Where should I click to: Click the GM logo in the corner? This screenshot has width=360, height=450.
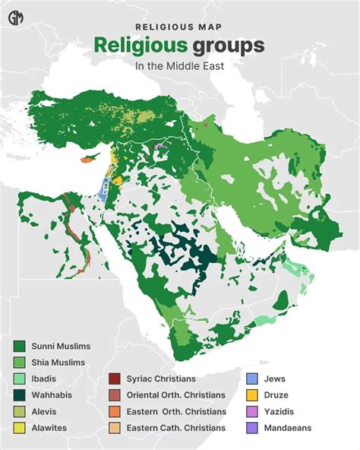click(x=15, y=16)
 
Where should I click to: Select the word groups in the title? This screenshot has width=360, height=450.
click(x=228, y=46)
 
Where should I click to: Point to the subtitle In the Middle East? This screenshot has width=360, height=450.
click(x=179, y=65)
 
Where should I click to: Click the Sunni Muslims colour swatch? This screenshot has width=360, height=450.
click(x=19, y=346)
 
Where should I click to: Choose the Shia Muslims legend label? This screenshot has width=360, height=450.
click(x=58, y=363)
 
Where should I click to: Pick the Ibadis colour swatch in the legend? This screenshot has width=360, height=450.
click(x=19, y=379)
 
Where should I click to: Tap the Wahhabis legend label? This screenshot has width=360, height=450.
click(x=52, y=395)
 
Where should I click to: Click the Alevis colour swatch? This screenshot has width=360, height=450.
click(x=19, y=411)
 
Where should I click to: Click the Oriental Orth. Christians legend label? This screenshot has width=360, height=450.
click(x=176, y=395)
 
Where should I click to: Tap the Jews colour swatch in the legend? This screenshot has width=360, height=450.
click(x=253, y=379)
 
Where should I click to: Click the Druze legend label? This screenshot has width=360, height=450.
click(x=278, y=395)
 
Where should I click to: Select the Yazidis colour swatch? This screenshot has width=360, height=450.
click(x=253, y=411)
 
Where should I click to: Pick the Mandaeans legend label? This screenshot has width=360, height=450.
click(x=288, y=428)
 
